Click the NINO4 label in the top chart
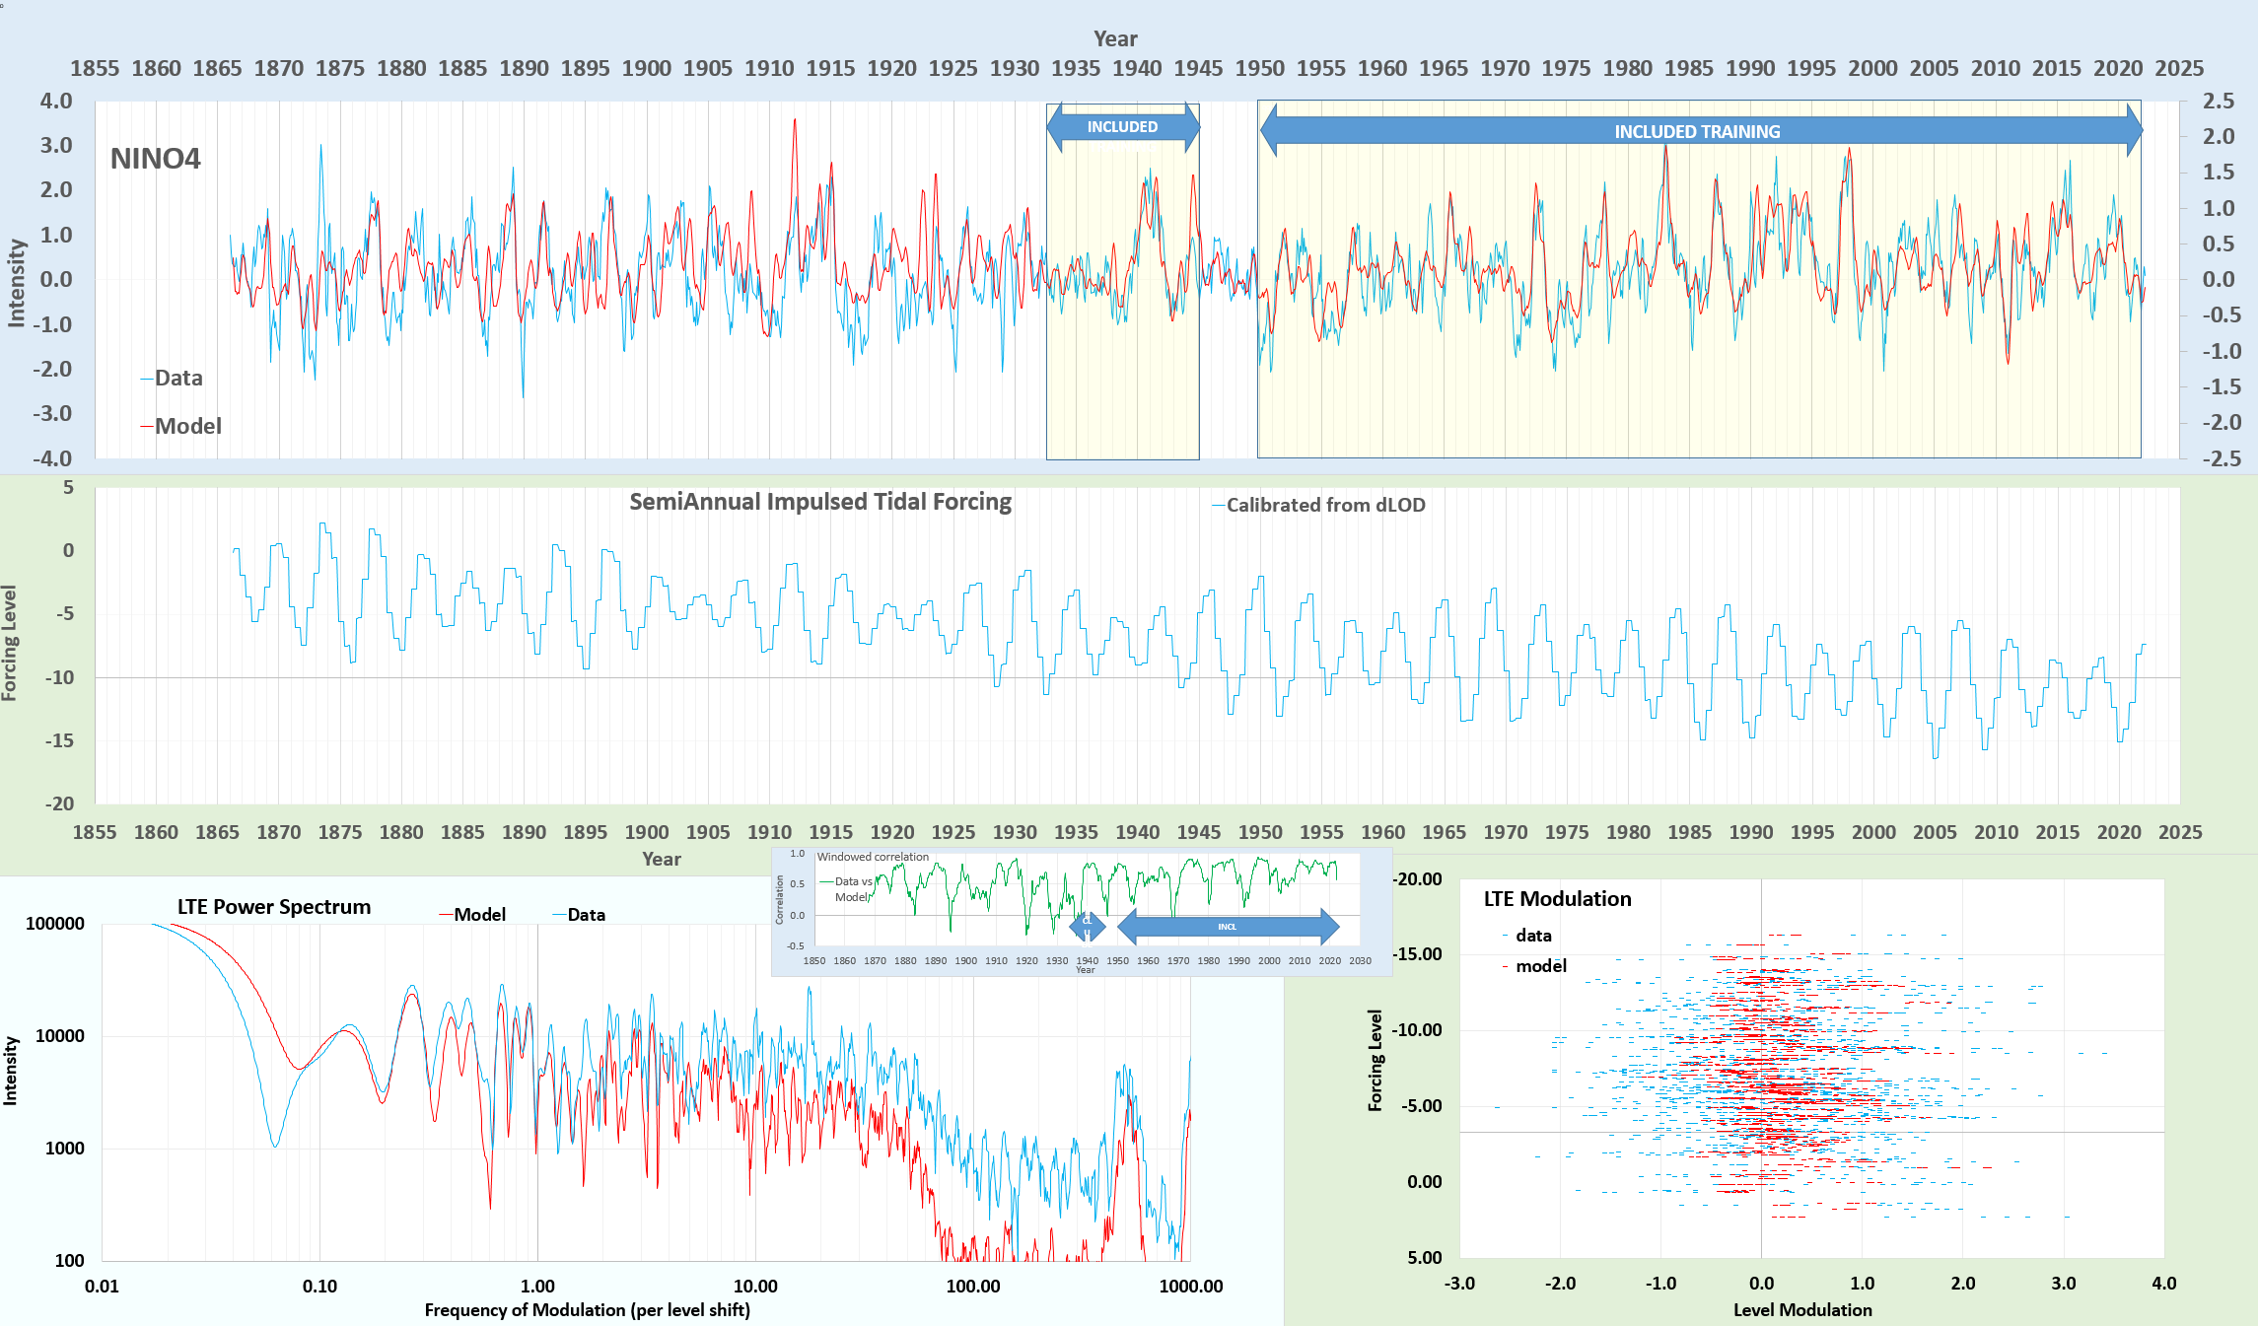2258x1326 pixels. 155,159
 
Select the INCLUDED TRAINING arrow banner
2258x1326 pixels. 1697,131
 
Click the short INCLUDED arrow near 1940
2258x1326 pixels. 1122,127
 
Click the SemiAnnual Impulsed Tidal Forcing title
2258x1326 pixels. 820,502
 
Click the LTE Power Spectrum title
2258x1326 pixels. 274,907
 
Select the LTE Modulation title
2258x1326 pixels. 1557,899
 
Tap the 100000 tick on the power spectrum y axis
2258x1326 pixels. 55,924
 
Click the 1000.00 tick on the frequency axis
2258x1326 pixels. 1190,1286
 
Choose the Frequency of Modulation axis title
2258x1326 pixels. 587,1310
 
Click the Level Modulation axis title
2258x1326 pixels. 1801,1310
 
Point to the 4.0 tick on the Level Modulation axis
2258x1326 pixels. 2163,1284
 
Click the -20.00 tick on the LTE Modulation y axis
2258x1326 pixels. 1417,879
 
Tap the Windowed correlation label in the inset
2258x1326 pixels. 873,857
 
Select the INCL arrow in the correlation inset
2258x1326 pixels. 1227,927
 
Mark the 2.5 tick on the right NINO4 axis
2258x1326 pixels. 2219,102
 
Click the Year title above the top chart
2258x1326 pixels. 1115,39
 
